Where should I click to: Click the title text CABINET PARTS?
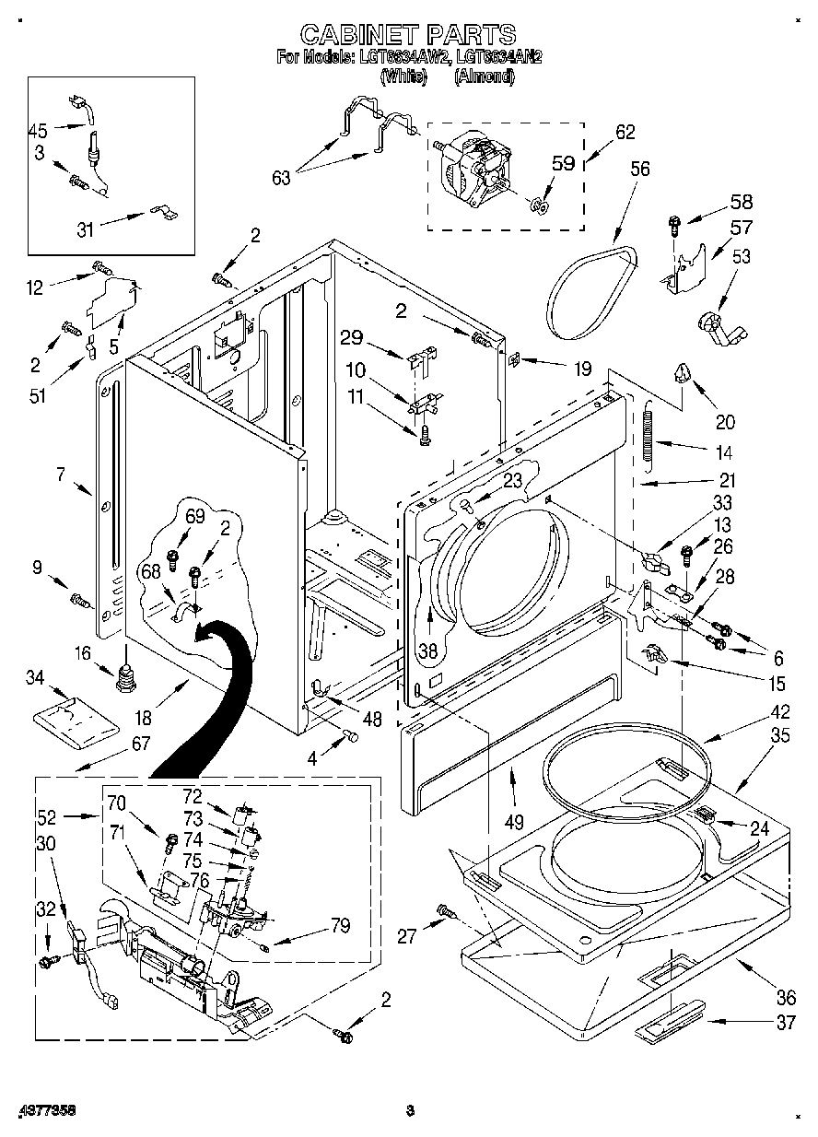[408, 35]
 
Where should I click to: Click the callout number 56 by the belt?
[639, 169]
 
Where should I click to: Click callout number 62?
[625, 132]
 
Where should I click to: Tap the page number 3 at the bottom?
[411, 1110]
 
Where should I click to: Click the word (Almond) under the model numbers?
[484, 77]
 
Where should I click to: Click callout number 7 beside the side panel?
[61, 475]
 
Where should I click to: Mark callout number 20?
[725, 422]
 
